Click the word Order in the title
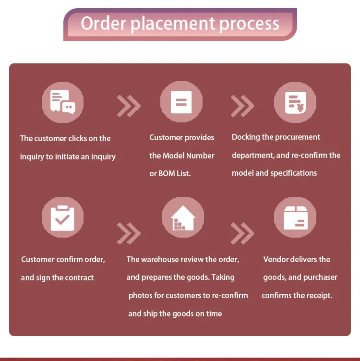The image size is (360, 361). pos(103,24)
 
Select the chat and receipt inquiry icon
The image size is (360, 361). pos(62,102)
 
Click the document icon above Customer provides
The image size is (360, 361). pos(181,102)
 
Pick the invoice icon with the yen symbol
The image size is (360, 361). pos(296,102)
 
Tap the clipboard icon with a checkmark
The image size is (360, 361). pos(62,218)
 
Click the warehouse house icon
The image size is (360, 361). pos(183,218)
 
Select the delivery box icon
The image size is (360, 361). pos(296,218)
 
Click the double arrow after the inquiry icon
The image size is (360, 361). pos(129,106)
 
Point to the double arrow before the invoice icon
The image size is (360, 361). pos(242,106)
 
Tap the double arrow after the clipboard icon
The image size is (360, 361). pos(129,233)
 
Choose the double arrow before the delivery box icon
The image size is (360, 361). pos(242,233)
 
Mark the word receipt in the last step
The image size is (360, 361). pos(320,296)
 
